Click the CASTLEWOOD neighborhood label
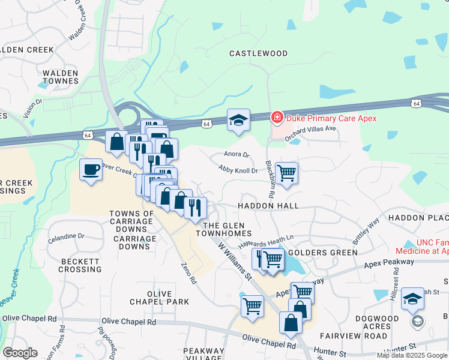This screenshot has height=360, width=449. (x=258, y=53)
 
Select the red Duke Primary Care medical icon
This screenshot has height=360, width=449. (x=277, y=118)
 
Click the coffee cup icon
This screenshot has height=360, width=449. (x=91, y=170)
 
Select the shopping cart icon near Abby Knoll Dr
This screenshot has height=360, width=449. (x=287, y=173)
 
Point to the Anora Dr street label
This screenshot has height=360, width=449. (x=236, y=155)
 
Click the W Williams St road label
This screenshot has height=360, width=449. (x=234, y=262)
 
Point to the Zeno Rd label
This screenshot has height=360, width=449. (x=189, y=272)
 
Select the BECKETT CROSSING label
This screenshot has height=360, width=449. (x=80, y=266)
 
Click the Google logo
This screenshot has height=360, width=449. (x=20, y=352)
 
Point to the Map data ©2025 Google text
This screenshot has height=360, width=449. (x=411, y=355)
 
